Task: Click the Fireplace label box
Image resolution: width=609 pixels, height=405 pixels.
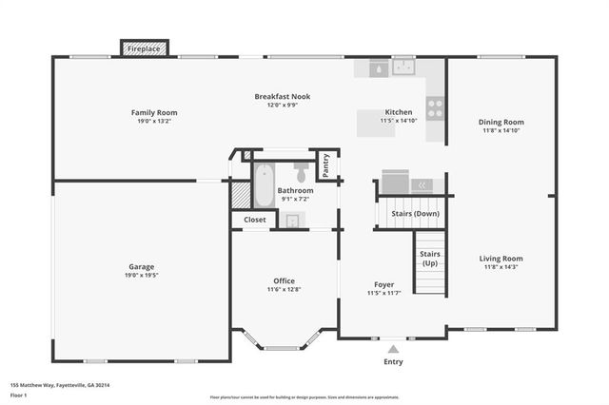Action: click(145, 48)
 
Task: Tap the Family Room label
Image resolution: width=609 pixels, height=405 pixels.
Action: click(154, 113)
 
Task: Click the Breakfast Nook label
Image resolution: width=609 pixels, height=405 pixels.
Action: click(282, 96)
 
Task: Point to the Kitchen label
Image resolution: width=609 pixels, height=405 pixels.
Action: click(398, 112)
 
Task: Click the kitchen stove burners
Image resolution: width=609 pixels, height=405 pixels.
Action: click(436, 108)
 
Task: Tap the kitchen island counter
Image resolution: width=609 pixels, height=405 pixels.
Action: click(375, 124)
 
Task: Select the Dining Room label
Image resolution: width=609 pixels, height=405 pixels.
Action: click(501, 122)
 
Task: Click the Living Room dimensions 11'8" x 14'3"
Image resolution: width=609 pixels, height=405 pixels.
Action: click(501, 267)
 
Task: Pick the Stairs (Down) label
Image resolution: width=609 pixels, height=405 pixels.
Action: click(415, 214)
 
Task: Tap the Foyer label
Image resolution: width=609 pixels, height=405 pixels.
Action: click(383, 284)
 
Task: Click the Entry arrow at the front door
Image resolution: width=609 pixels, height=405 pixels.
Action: click(393, 348)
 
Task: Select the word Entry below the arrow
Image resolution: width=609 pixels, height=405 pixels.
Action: click(393, 361)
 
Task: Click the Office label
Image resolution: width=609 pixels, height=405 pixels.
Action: click(284, 280)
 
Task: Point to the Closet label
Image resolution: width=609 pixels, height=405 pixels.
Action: click(255, 220)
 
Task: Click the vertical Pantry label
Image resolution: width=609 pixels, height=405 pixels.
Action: click(325, 166)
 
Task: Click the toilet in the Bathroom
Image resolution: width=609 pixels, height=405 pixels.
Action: click(302, 172)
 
